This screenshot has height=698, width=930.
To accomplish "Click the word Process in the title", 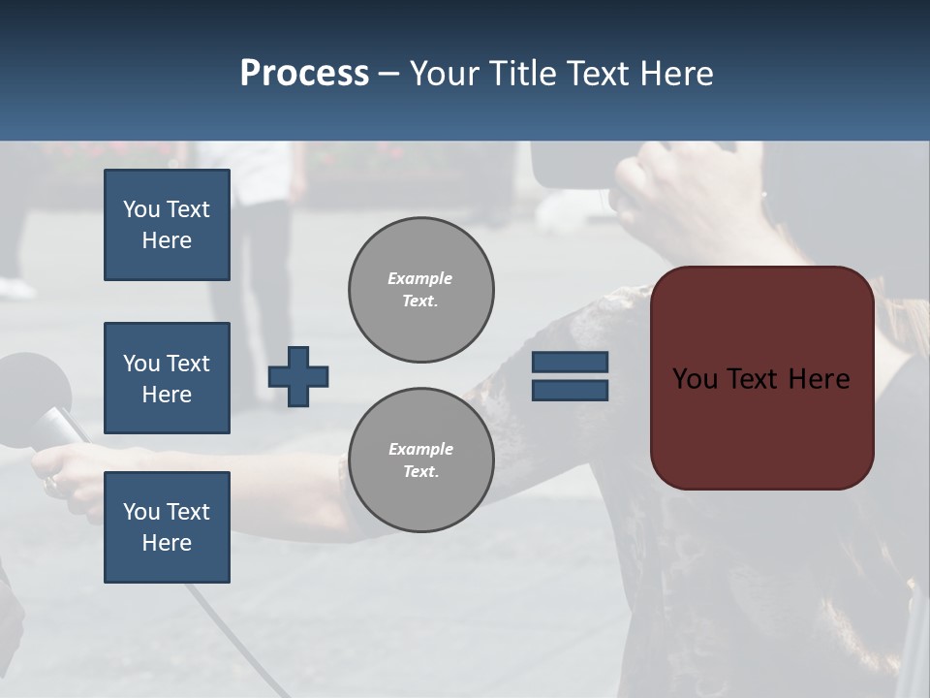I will pos(304,74).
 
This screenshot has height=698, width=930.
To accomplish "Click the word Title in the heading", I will pos(522,74).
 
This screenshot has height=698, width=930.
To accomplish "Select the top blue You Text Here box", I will pos(167,225).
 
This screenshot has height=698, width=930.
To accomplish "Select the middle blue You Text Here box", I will pos(167,378).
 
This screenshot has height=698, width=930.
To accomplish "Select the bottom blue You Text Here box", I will pos(167,527).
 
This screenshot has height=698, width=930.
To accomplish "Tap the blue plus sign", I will pos(298,376).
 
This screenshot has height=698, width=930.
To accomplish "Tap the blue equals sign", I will pos(571,376).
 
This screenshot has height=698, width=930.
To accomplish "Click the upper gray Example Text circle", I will pos(420,290).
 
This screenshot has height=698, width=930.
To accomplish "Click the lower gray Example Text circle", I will pos(420,460).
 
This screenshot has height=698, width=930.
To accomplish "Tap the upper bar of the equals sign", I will pos(571,363).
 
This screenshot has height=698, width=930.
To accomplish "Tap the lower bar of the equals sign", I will pos(571,390).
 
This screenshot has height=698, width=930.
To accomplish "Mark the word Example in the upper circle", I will pos(420,278).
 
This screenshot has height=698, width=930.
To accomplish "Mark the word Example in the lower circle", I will pos(420,449).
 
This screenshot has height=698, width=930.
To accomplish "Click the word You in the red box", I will pos(696,379).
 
